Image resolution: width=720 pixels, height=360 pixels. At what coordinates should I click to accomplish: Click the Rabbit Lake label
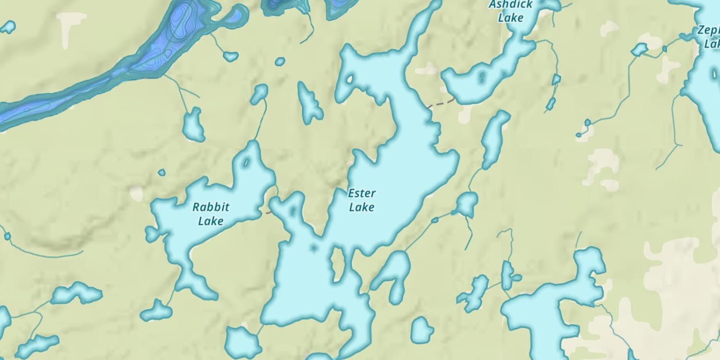[211, 214]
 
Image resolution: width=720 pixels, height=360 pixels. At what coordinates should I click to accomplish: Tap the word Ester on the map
[362, 193]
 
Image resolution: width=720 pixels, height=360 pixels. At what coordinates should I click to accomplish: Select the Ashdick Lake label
[510, 12]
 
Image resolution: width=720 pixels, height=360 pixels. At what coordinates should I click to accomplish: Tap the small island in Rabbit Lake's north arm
[247, 162]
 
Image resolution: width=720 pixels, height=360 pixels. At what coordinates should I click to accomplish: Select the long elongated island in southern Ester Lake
[338, 264]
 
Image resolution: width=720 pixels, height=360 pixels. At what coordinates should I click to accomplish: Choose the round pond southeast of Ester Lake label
[467, 204]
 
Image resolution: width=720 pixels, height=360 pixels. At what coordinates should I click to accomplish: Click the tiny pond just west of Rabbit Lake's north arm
[162, 172]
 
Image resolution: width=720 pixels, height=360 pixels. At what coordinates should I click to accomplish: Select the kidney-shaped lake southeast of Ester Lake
[394, 276]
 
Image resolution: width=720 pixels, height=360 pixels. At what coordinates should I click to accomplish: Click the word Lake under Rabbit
[211, 221]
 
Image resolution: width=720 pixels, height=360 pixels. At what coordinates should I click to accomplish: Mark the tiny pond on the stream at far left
[7, 236]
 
